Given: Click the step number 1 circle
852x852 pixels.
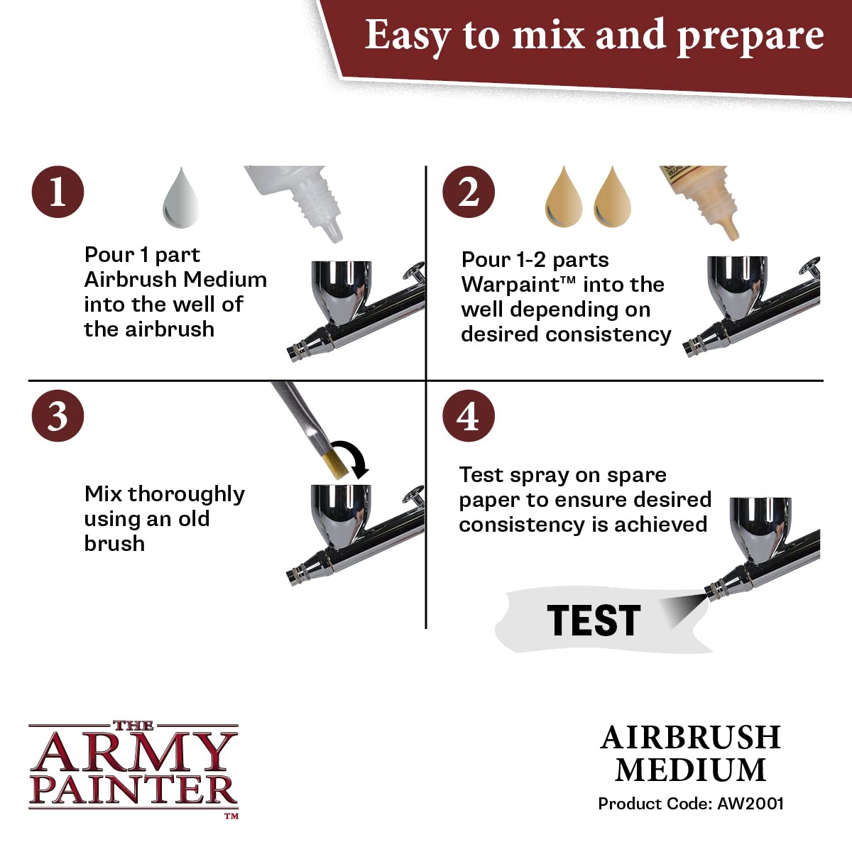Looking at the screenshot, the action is [x=58, y=192].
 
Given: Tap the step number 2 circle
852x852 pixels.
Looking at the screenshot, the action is [x=469, y=192].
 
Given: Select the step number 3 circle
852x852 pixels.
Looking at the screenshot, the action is [x=58, y=415].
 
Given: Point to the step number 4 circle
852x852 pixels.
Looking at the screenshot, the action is [x=469, y=415].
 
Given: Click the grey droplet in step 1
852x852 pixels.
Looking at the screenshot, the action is [x=181, y=199].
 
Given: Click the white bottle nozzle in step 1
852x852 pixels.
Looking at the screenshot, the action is [x=332, y=231].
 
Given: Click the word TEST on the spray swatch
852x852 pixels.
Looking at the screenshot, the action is [x=594, y=620].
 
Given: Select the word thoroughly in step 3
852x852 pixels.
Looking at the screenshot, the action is [x=186, y=494].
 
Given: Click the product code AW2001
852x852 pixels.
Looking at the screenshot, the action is [x=750, y=803].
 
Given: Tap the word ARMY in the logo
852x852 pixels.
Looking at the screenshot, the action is [x=133, y=753].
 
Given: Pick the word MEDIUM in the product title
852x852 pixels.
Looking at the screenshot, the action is [x=690, y=770].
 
